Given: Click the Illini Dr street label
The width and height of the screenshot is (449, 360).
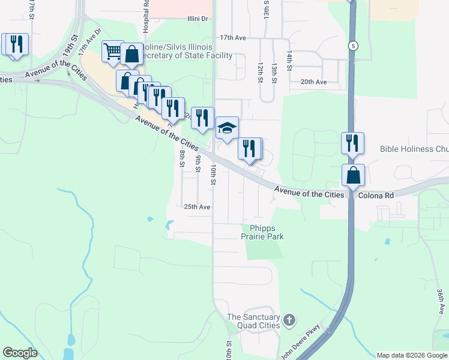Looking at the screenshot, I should point(197,19).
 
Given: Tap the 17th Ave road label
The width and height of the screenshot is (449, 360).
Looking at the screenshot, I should point(233,37).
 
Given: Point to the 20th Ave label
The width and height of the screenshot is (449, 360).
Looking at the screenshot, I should point(313,82).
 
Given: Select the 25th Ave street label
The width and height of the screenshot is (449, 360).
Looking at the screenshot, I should point(197,206).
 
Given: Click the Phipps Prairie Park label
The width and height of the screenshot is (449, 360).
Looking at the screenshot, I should point(262,232).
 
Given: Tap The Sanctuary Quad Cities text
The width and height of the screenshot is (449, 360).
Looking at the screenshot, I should point(253,321).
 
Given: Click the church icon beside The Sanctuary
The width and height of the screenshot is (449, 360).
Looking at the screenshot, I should point(290,320).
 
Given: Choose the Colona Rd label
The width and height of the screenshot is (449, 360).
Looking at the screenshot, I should point(376,195).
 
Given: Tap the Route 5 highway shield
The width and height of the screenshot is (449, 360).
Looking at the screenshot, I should point(354,46).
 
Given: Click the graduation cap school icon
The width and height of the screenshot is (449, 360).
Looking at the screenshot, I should point(227,127).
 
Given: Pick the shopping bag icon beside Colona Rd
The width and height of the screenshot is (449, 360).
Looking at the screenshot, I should point(354,175).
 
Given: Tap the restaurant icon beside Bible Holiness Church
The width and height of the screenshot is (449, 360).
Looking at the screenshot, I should point(352,143).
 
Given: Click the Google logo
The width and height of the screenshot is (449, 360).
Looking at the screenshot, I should point(20,353).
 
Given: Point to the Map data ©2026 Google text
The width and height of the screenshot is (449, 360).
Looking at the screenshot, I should point(412,355).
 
